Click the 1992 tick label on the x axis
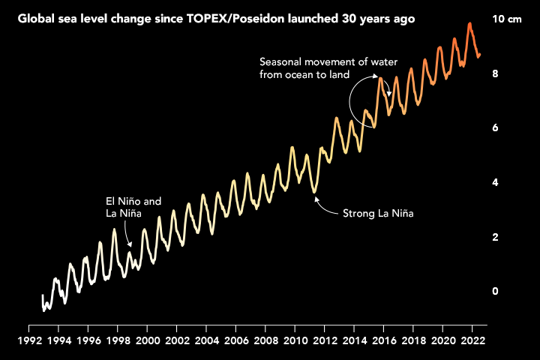click(x=29, y=340)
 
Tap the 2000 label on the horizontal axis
click(x=148, y=340)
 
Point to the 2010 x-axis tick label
click(x=295, y=340)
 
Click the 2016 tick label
click(x=384, y=340)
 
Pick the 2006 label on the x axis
click(x=236, y=340)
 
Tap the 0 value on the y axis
click(x=495, y=291)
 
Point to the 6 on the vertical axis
click(x=495, y=128)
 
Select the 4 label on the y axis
click(x=495, y=182)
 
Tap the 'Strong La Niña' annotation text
click(x=378, y=214)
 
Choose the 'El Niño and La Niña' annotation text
click(x=133, y=208)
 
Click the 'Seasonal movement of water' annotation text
click(x=328, y=61)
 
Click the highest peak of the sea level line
click(x=469, y=24)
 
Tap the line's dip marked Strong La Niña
click(x=315, y=192)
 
